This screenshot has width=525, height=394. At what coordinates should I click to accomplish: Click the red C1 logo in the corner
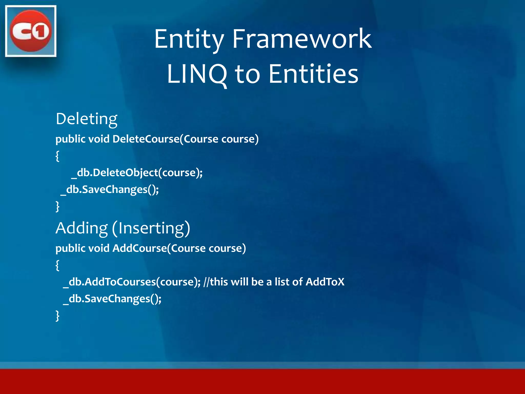pos(31,31)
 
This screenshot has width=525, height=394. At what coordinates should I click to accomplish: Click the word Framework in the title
pos(302,39)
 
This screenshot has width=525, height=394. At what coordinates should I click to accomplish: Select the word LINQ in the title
pos(197,74)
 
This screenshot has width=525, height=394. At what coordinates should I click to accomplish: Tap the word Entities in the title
pos(313,74)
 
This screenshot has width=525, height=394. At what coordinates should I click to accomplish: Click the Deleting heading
pos(87,119)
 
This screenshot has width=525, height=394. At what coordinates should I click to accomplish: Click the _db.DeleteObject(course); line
pos(137,173)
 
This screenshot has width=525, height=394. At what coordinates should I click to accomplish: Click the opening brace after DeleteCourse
pos(57,156)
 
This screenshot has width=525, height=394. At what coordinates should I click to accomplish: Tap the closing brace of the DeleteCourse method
pos(57,206)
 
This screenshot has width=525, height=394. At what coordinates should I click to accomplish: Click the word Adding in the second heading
pos(82,228)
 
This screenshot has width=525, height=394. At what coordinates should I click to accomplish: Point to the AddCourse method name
pos(140,248)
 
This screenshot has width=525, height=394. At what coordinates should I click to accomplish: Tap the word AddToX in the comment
pos(325,282)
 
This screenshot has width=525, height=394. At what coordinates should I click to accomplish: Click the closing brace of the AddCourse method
pos(57,316)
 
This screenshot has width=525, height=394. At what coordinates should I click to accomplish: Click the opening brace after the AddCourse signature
pos(57,265)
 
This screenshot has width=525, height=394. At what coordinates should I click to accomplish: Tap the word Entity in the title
pos(189,39)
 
